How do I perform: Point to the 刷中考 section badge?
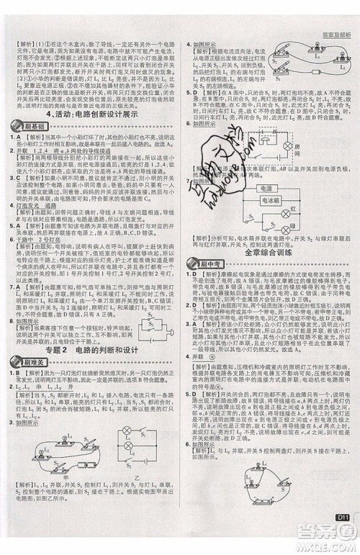click(204, 265)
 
